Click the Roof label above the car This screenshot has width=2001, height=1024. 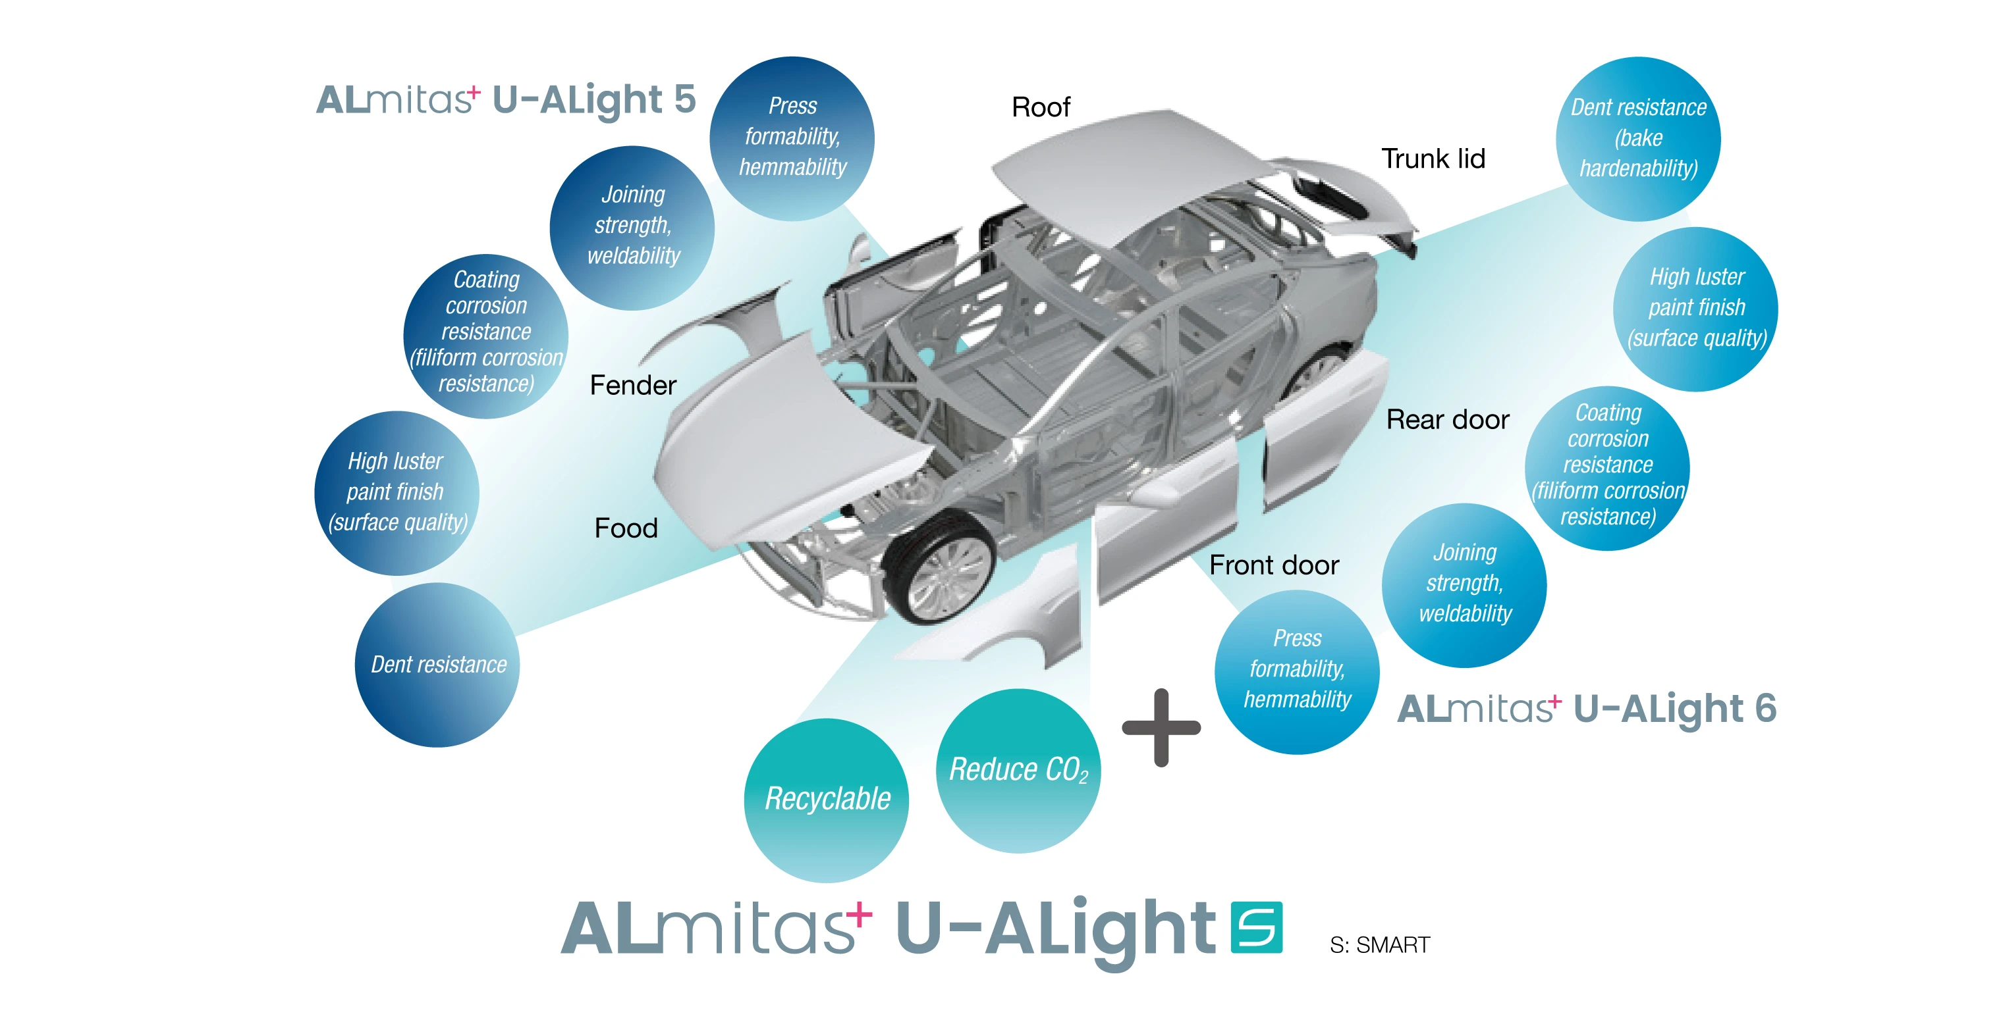[1040, 107]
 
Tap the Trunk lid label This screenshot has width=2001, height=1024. [1433, 159]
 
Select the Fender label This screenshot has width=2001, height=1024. [632, 385]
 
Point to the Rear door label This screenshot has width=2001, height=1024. [1447, 420]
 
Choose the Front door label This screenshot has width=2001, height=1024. [1274, 565]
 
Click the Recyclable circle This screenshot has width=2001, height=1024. [827, 800]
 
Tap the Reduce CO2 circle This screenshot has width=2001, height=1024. [1018, 770]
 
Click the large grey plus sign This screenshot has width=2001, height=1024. [1161, 727]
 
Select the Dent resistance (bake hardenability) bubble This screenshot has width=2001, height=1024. [1637, 139]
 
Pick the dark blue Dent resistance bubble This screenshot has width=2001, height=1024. [437, 665]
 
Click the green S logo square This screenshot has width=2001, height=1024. [1256, 927]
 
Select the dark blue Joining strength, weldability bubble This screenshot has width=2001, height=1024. [632, 226]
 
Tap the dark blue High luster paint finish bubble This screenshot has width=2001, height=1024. [396, 492]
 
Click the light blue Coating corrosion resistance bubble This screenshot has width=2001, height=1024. [1606, 466]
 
